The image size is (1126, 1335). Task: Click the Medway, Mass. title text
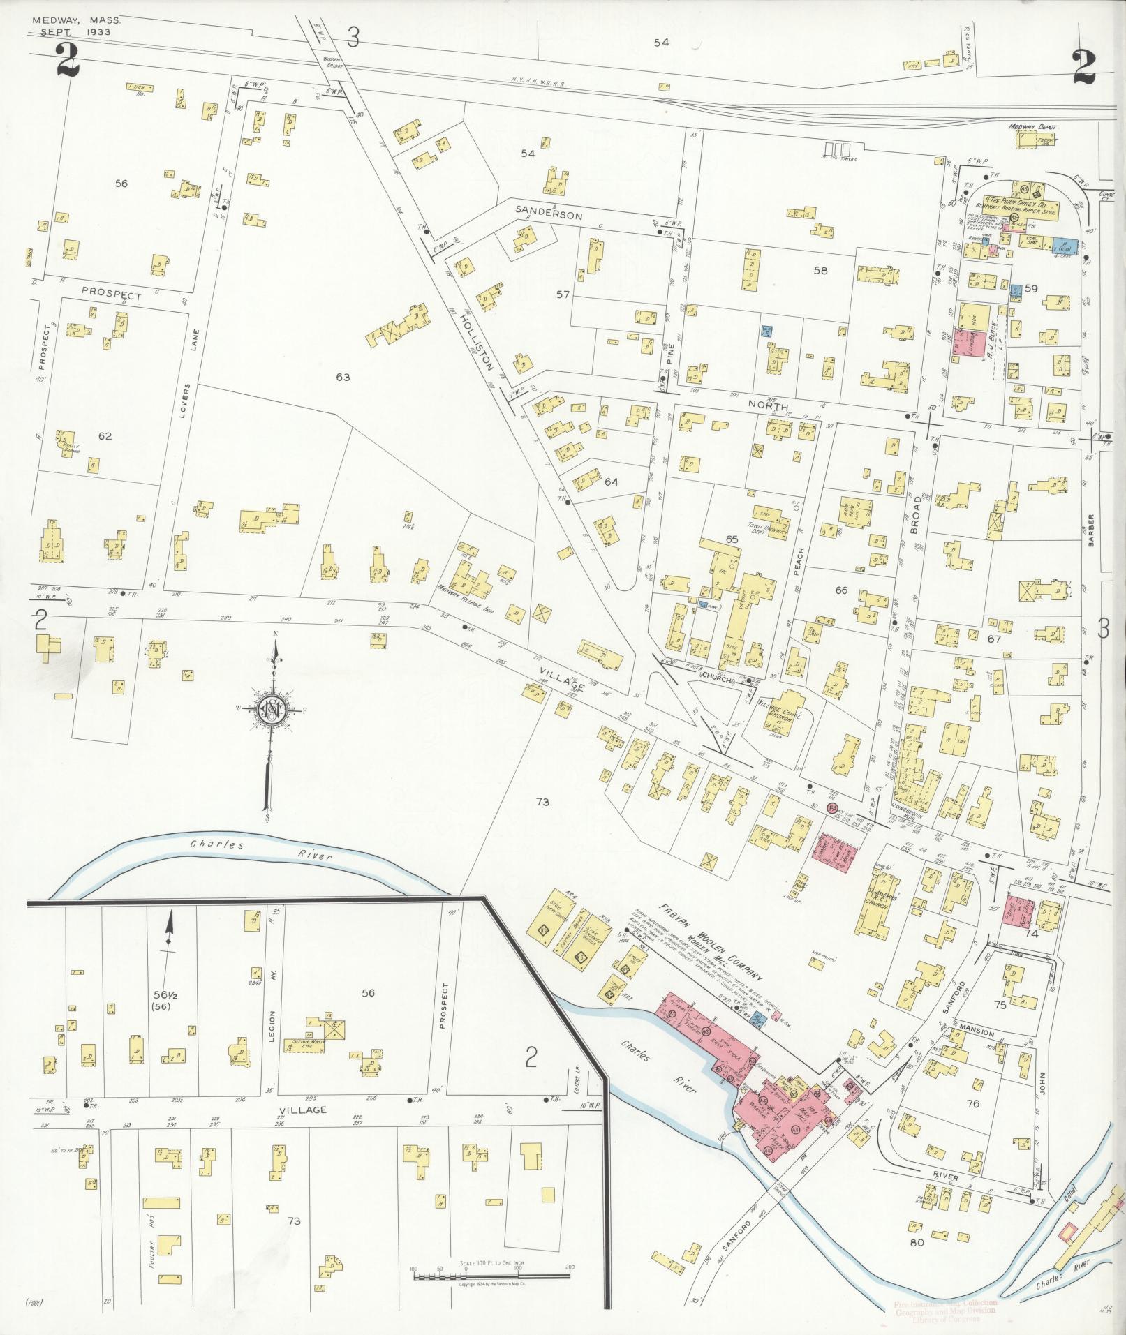tap(75, 21)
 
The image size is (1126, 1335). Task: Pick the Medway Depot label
tap(1034, 128)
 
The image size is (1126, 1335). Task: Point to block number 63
tap(342, 377)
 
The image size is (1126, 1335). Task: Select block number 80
tap(917, 1243)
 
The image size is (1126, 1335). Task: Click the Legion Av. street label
tap(272, 1036)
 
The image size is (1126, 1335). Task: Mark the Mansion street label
tap(975, 1033)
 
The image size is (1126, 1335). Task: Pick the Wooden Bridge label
tap(332, 64)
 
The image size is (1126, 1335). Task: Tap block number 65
tap(732, 539)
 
